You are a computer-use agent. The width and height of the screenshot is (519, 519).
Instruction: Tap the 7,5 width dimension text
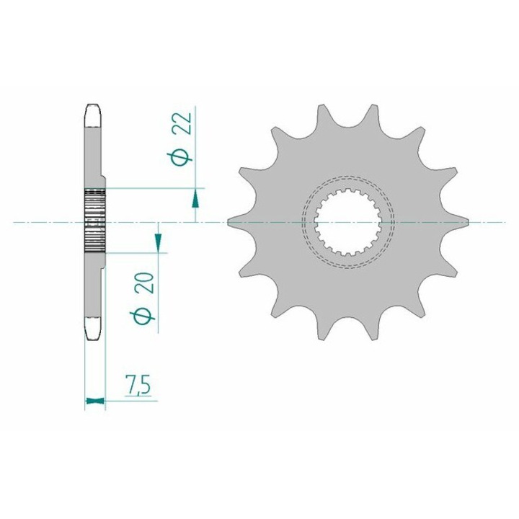point(138,384)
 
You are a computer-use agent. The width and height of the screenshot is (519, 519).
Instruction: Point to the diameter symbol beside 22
point(179,158)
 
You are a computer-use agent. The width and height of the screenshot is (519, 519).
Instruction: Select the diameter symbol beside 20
point(142,317)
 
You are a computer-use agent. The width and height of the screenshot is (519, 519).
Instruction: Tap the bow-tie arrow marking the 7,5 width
point(95,401)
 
